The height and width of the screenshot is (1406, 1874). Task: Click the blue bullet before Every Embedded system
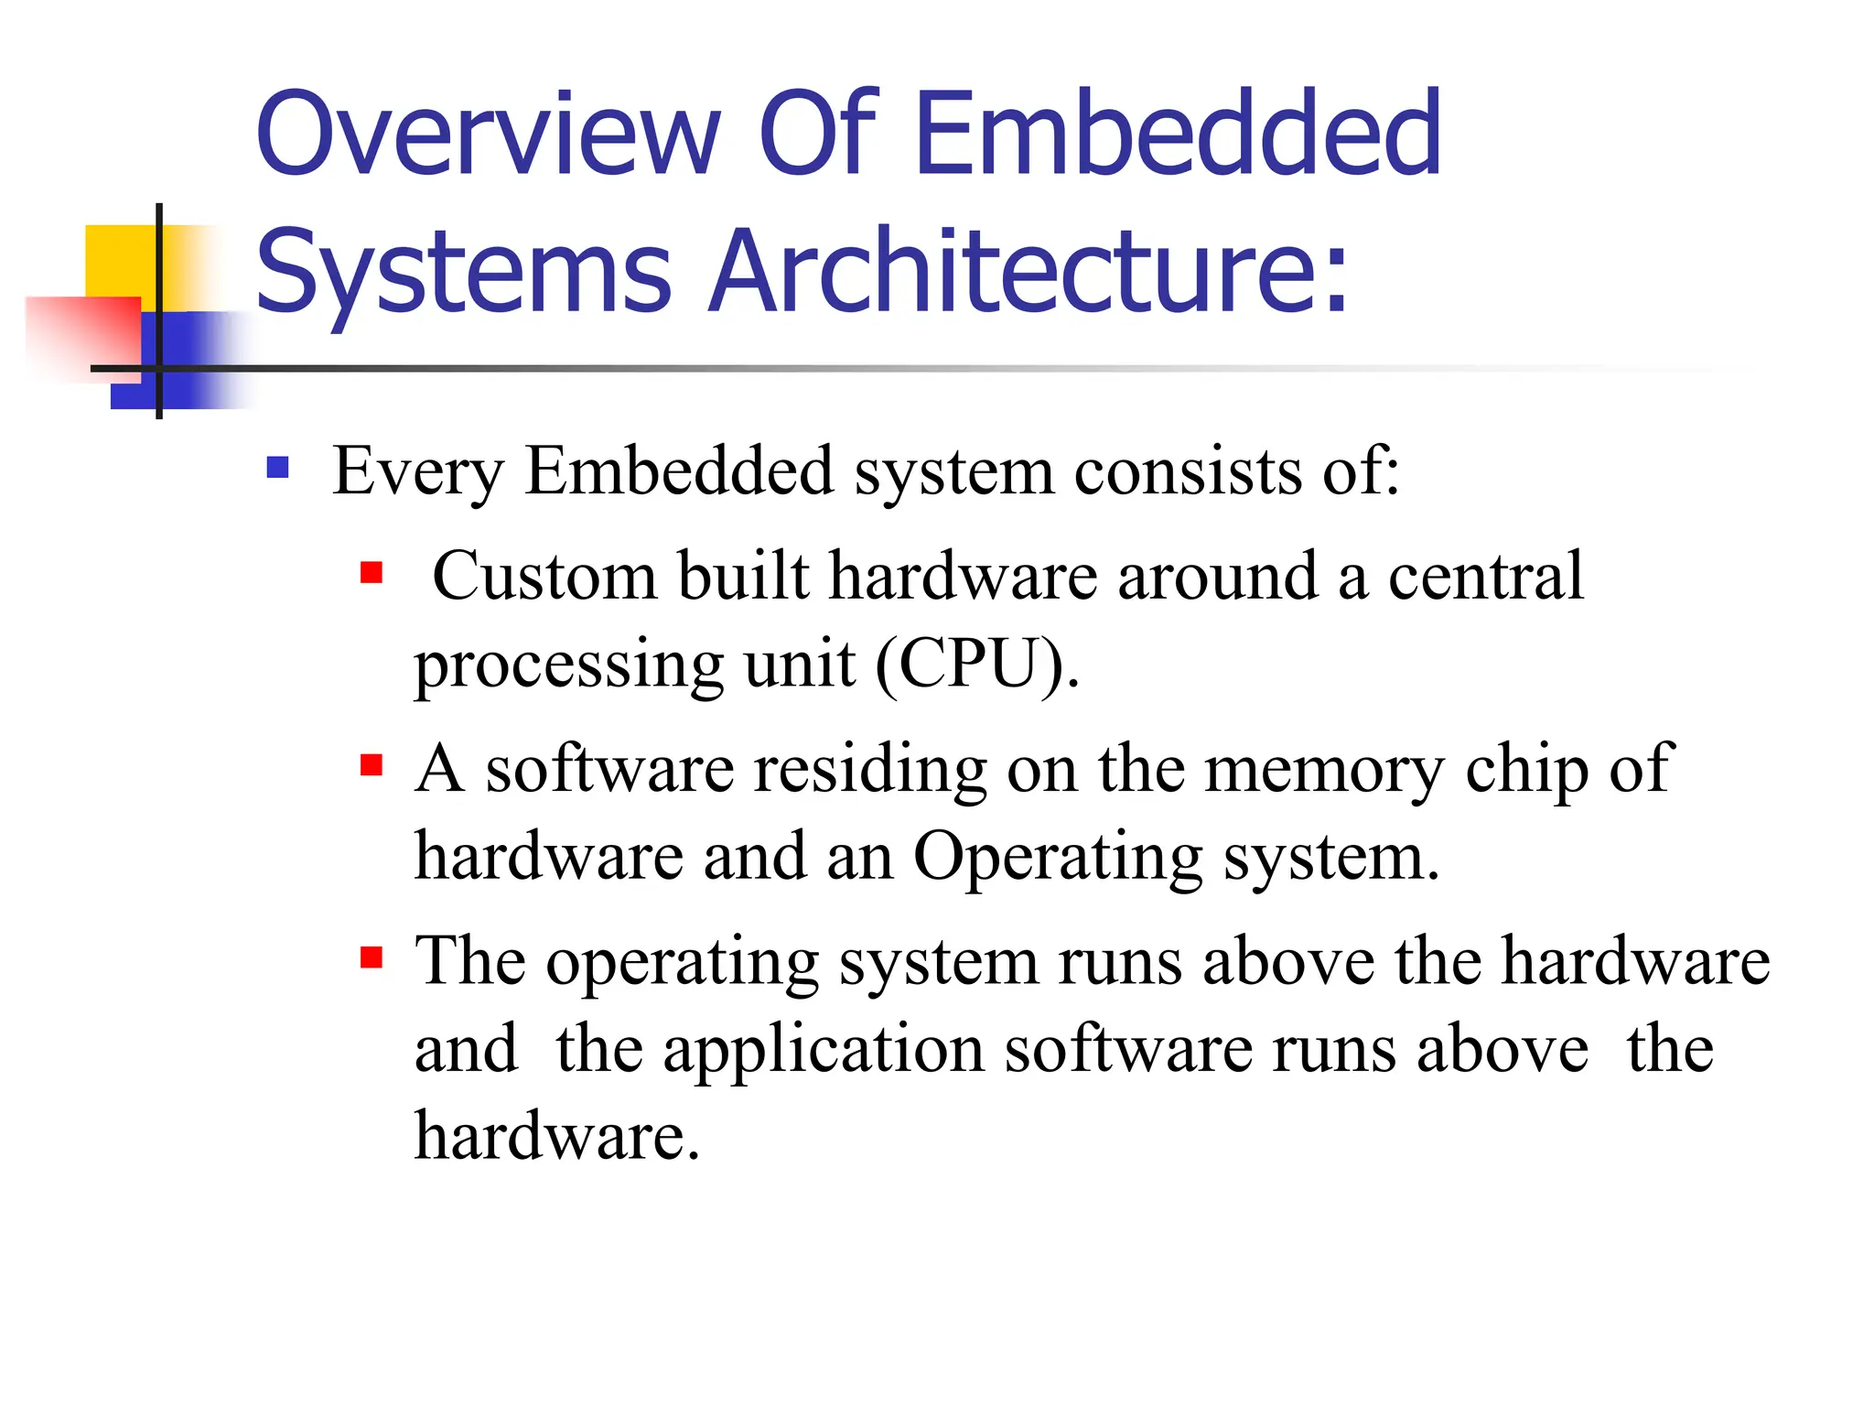(x=278, y=469)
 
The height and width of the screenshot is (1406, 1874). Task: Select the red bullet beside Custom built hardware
(x=371, y=574)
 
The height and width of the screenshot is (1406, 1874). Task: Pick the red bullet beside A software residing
(x=371, y=765)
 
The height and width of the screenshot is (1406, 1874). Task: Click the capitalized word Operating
(x=1058, y=857)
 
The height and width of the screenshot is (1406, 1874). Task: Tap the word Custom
(x=544, y=576)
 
